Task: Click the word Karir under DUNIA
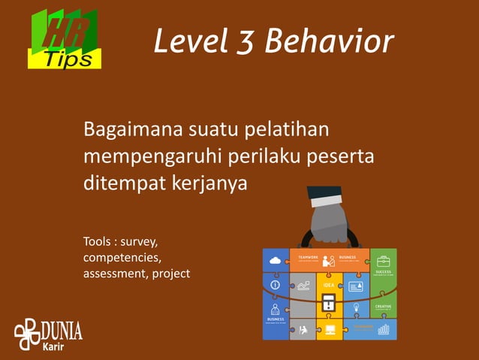coord(53,346)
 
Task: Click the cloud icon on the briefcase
coord(275,260)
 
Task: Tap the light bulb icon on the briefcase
coord(357,307)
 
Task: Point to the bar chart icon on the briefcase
coord(384,329)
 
